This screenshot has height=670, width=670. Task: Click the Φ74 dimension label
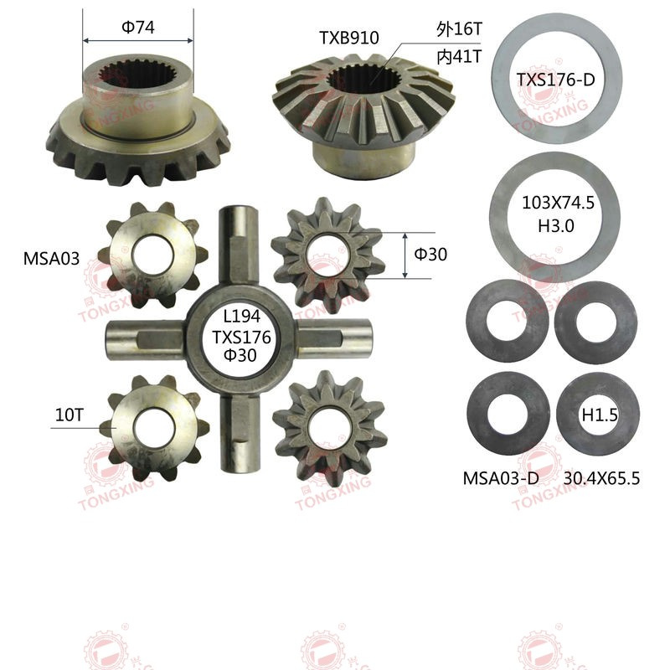pos(138,28)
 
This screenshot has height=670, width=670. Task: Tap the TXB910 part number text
pos(349,38)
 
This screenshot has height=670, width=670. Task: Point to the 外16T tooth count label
pos(459,29)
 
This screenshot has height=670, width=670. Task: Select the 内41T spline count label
pos(459,56)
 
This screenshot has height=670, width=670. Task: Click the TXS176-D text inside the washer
pos(555,80)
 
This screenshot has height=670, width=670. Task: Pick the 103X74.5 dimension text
pos(558,203)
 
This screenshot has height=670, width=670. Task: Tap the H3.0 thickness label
pos(556,226)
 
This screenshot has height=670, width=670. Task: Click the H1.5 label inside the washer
pos(600,415)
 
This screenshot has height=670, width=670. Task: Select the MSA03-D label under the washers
pos(501,478)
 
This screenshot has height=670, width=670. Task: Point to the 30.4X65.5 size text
pos(601,478)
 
